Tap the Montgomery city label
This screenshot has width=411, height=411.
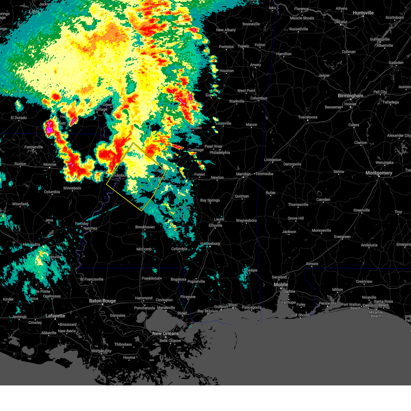point(379,173)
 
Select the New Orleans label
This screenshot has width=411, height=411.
point(165,334)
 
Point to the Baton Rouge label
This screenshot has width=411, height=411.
point(102,301)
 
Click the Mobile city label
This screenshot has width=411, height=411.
point(281,285)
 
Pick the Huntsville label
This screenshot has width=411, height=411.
point(363,13)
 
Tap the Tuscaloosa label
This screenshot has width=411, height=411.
point(308,117)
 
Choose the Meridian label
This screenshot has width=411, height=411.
point(244,174)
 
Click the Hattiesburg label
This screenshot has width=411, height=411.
point(210,244)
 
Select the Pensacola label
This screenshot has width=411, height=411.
point(327,303)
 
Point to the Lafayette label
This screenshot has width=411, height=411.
point(55,316)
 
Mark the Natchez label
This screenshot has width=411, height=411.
point(90,228)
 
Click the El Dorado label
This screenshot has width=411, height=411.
point(18,118)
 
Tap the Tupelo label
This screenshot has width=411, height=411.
point(244,46)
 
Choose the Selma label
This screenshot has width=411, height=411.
point(338,172)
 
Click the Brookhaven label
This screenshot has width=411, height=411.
point(145,227)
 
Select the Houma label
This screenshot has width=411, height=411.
point(129,358)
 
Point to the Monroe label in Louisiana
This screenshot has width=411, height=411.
point(50,165)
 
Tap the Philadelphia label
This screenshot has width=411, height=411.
point(220,153)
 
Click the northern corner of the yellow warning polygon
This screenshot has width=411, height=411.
point(133,143)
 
